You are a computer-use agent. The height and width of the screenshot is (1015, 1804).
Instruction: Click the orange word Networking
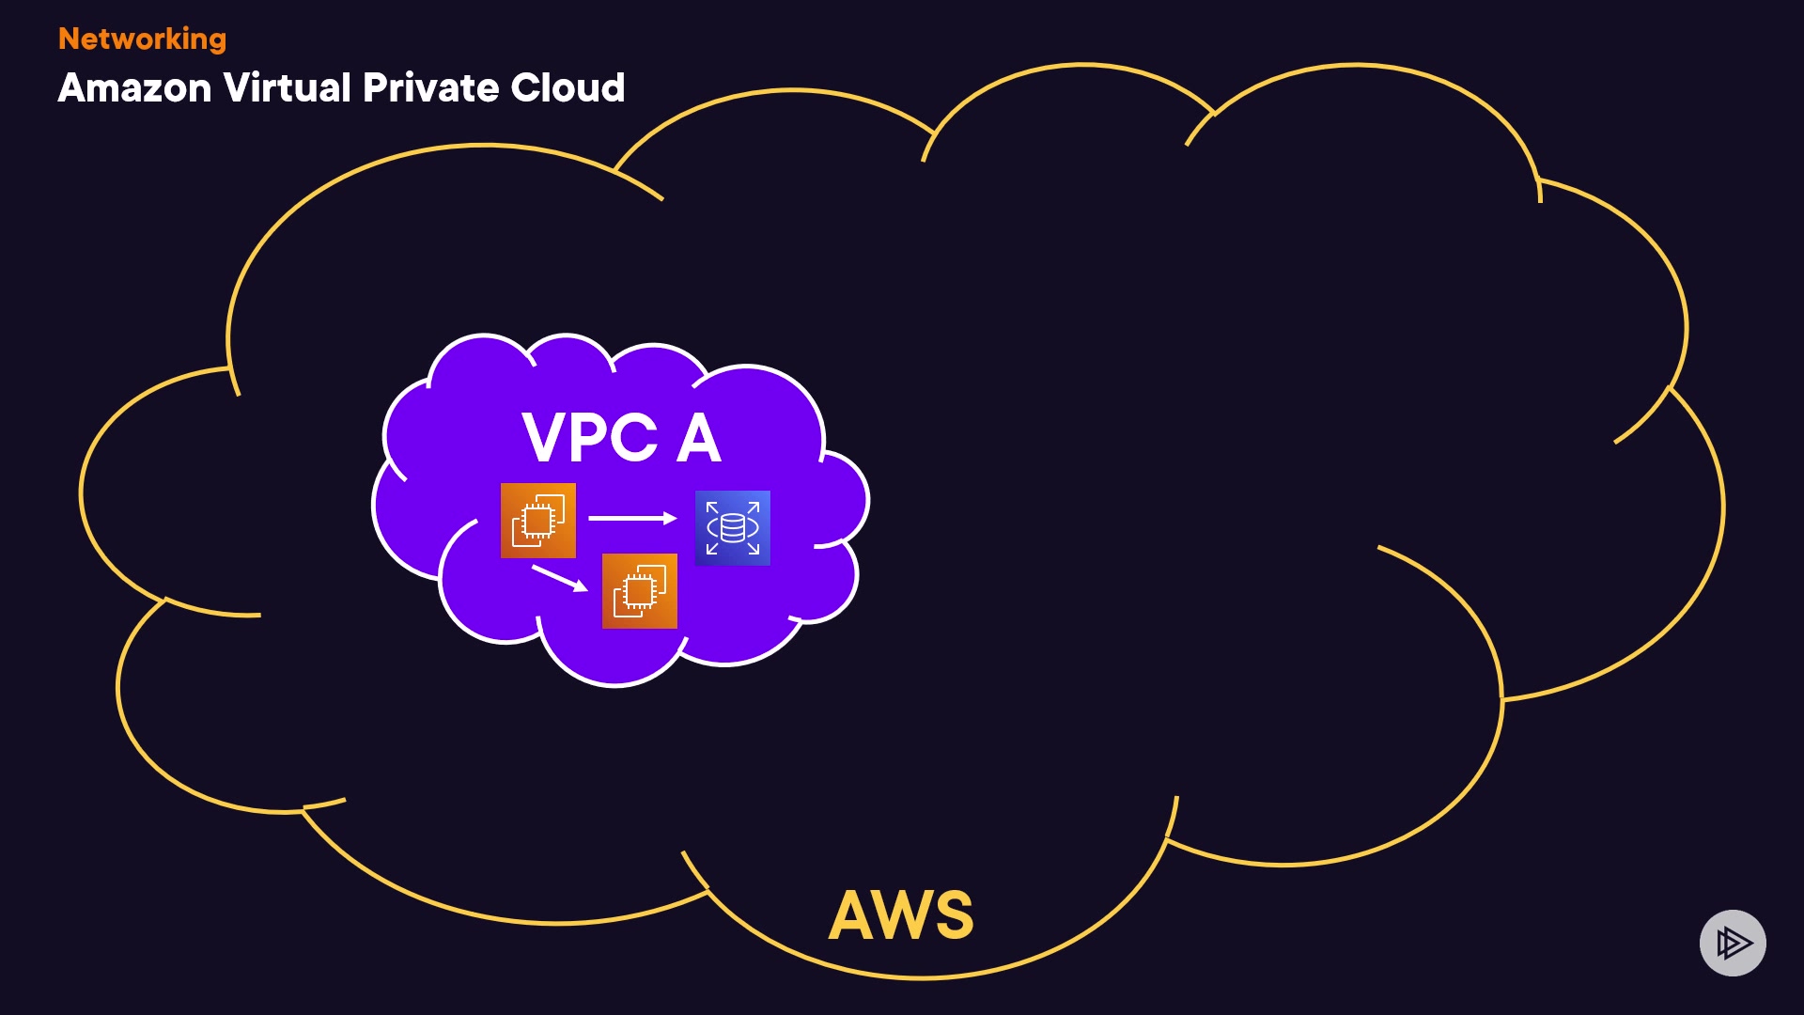pyautogui.click(x=142, y=39)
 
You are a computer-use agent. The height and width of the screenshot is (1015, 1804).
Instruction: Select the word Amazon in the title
pyautogui.click(x=134, y=88)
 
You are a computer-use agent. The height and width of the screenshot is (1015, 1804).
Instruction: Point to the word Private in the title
pyautogui.click(x=430, y=88)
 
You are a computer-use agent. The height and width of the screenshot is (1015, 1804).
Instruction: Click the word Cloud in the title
pyautogui.click(x=568, y=88)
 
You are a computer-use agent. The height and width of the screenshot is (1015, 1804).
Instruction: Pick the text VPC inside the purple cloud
pyautogui.click(x=589, y=438)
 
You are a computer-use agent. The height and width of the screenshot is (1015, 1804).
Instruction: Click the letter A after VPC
pyautogui.click(x=699, y=438)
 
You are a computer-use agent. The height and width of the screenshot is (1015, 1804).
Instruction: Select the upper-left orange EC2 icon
pyautogui.click(x=537, y=521)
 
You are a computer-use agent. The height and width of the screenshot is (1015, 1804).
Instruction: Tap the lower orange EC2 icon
pyautogui.click(x=639, y=591)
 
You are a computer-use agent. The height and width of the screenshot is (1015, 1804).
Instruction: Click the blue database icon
pyautogui.click(x=732, y=528)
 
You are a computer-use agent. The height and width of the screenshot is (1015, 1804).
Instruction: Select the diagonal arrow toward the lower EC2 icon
pyautogui.click(x=559, y=578)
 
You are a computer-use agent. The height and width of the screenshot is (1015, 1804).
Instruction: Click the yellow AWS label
pyautogui.click(x=901, y=914)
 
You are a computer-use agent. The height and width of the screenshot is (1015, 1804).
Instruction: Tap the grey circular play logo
pyautogui.click(x=1733, y=943)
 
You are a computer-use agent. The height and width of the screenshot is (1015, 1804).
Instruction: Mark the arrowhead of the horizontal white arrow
pyautogui.click(x=670, y=518)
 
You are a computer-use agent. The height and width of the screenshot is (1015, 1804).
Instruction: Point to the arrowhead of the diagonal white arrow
pyautogui.click(x=582, y=586)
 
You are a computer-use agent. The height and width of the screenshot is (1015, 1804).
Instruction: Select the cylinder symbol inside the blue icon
pyautogui.click(x=733, y=528)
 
